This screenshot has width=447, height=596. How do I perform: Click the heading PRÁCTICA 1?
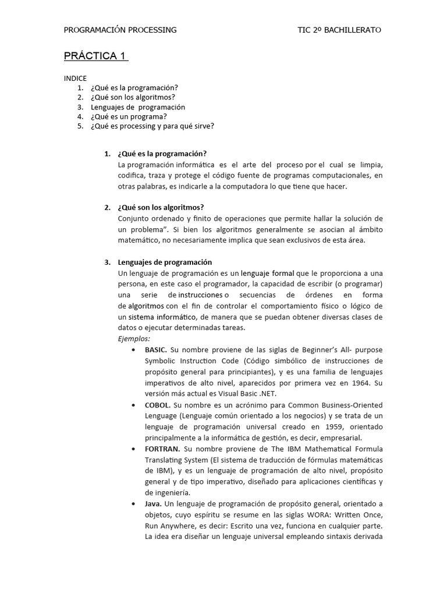95,56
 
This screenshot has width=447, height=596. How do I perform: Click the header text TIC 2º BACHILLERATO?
339,30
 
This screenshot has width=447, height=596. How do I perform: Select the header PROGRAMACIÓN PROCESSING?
120,30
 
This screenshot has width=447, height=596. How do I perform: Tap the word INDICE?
75,78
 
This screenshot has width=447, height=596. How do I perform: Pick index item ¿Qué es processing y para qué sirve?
152,126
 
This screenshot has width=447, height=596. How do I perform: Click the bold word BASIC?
155,349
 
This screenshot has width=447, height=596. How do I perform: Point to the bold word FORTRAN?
162,449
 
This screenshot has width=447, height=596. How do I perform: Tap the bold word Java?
153,503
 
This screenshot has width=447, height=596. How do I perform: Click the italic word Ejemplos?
134,338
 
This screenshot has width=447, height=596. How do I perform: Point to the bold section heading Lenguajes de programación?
165,262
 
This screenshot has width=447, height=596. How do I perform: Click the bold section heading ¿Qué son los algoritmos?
161,207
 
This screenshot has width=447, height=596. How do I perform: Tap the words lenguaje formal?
267,273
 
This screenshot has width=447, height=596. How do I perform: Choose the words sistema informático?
161,317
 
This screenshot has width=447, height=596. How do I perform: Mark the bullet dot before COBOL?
134,405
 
